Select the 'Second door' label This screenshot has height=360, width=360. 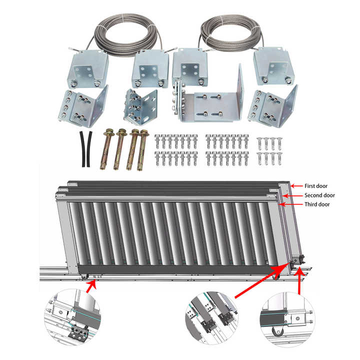pyautogui.click(x=319, y=195)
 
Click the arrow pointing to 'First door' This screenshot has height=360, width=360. pyautogui.click(x=295, y=185)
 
